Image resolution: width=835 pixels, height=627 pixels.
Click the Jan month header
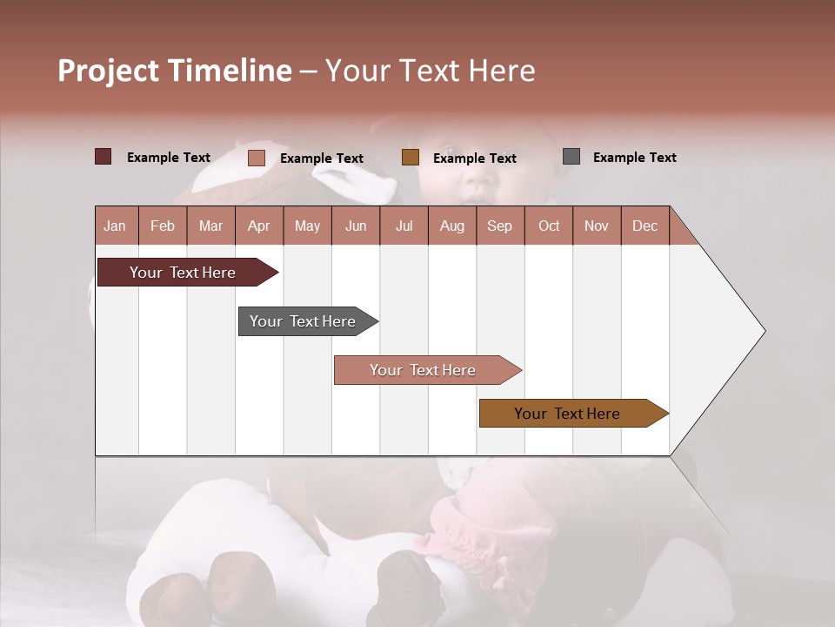(116, 226)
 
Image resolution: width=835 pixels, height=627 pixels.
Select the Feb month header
(163, 226)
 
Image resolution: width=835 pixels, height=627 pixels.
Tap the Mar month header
(210, 226)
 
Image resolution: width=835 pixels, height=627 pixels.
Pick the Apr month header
(259, 226)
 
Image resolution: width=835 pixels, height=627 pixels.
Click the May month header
(307, 226)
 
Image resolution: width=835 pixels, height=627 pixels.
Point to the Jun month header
(356, 226)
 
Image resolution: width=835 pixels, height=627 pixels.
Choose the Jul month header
(404, 226)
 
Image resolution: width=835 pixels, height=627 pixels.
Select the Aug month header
(452, 226)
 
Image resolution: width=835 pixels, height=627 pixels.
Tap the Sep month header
(500, 226)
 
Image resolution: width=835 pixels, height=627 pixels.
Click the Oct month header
(549, 226)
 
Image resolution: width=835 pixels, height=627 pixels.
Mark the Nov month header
(597, 226)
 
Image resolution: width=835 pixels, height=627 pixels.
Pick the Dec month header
(645, 226)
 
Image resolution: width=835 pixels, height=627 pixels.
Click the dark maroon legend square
(104, 157)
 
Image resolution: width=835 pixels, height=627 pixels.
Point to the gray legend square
(571, 157)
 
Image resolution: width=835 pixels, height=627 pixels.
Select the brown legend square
(411, 158)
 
